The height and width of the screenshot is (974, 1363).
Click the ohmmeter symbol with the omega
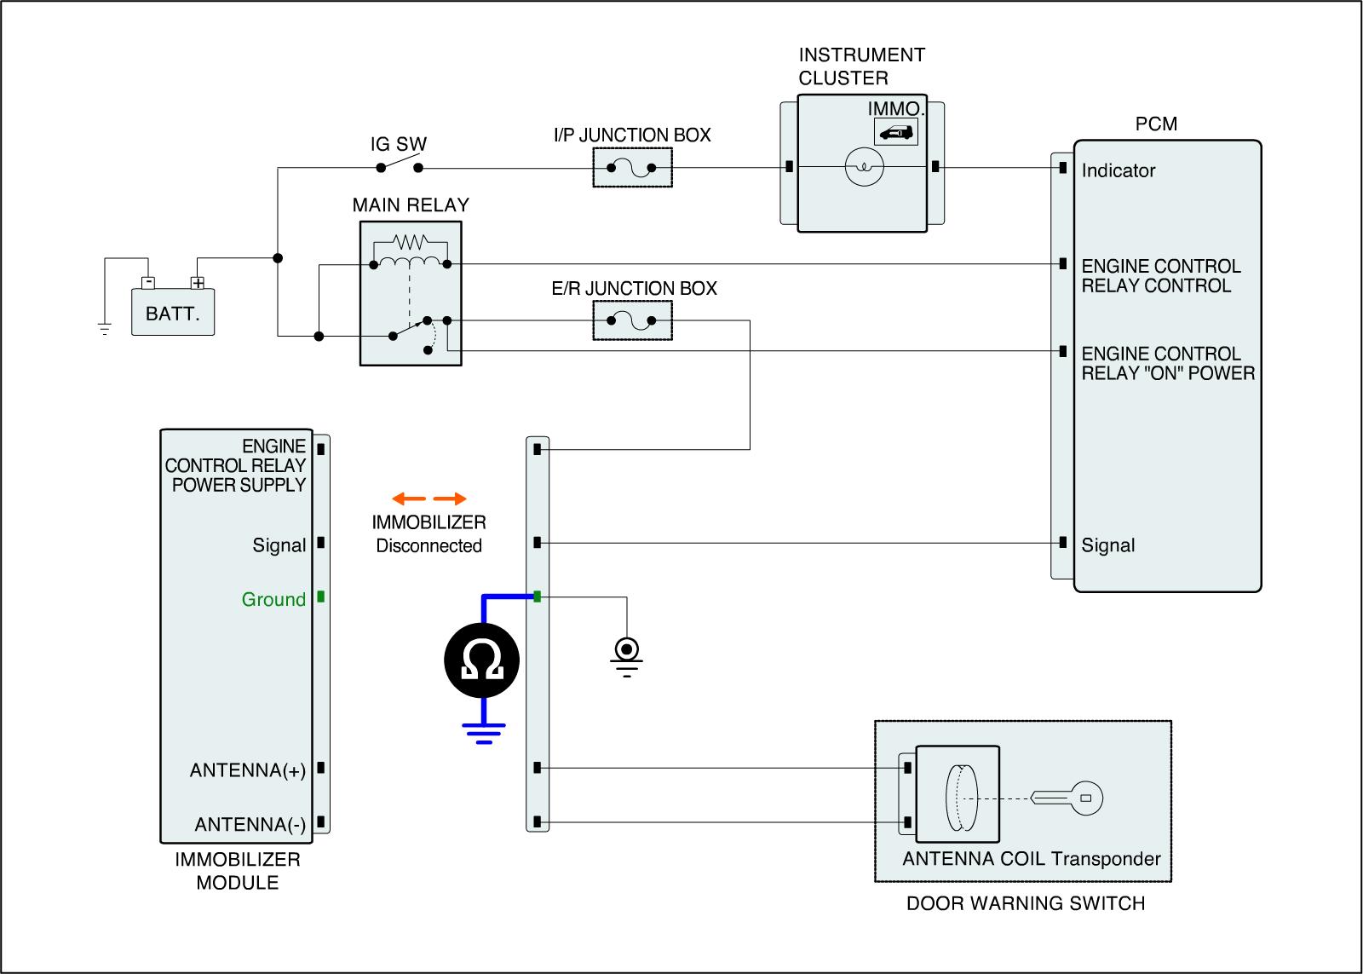click(x=481, y=660)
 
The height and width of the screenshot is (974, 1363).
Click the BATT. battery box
click(x=173, y=312)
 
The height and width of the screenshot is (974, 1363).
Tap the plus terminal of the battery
click(x=198, y=282)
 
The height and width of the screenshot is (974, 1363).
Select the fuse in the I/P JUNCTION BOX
click(x=631, y=167)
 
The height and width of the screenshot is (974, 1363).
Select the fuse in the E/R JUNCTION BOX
click(x=631, y=320)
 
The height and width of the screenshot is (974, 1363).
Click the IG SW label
click(x=399, y=144)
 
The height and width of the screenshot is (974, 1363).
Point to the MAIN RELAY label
click(x=411, y=205)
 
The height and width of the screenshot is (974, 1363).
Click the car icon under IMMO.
click(x=895, y=132)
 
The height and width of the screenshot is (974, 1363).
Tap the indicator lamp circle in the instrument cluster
click(x=864, y=167)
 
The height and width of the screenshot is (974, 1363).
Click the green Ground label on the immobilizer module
click(x=273, y=599)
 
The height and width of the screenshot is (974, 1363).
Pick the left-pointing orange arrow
click(x=409, y=499)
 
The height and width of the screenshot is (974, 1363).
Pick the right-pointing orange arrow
click(x=450, y=499)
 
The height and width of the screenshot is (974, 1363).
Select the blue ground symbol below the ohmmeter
click(x=484, y=734)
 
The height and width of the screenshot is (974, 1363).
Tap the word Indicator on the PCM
click(x=1118, y=170)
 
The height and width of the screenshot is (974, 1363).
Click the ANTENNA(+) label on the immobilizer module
click(x=248, y=770)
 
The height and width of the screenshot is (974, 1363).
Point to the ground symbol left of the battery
click(x=105, y=329)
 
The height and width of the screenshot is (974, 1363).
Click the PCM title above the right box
click(x=1156, y=124)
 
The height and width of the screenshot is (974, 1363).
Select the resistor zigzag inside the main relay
click(x=410, y=242)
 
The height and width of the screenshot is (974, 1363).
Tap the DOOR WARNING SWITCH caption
click(x=1026, y=903)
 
